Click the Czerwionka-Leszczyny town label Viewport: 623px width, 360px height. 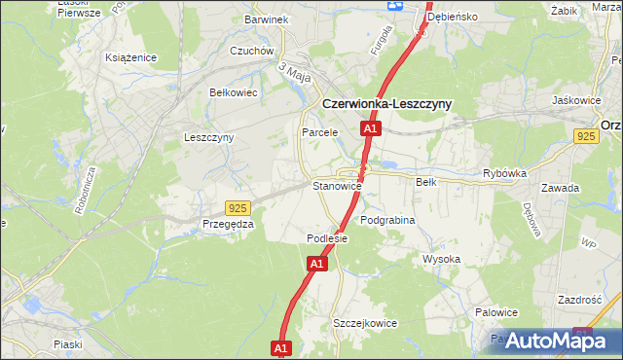(385, 104)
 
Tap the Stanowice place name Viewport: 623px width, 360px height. (337, 185)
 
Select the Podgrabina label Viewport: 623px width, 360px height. (387, 220)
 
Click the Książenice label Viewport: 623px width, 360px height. (131, 57)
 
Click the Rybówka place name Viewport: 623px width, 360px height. (504, 173)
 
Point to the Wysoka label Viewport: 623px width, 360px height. (441, 259)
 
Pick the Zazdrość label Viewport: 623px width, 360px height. (581, 300)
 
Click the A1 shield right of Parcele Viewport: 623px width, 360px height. (370, 127)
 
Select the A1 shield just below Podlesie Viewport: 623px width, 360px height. (317, 263)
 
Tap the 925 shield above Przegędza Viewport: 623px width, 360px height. (237, 207)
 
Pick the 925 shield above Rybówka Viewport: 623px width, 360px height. (585, 138)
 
